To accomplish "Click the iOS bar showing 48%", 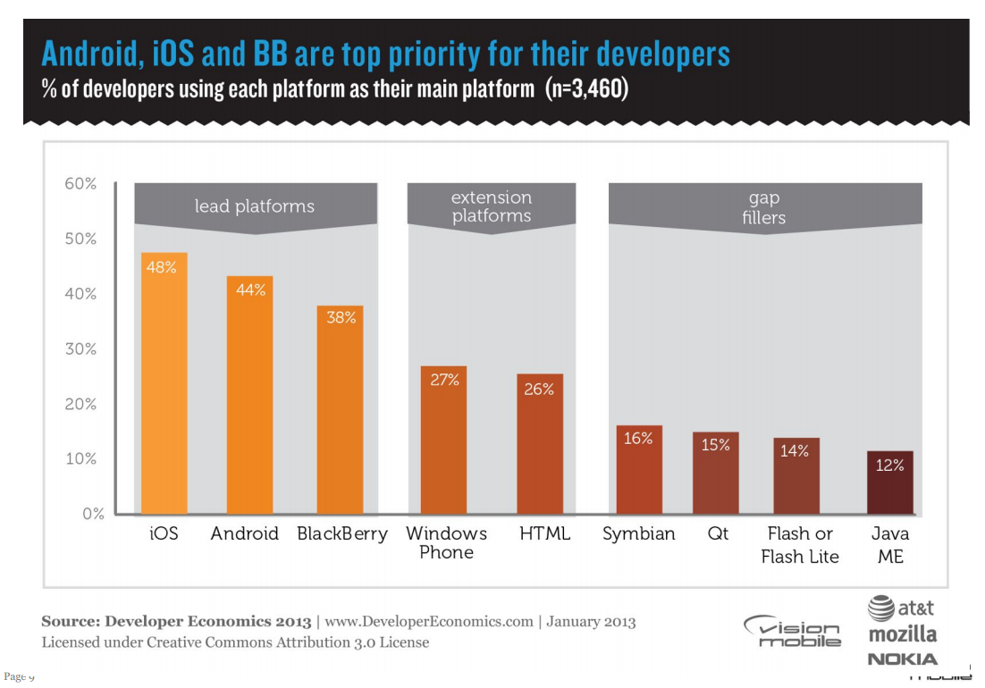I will (x=164, y=384).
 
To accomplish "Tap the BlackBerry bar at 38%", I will (x=341, y=411).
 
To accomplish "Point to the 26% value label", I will (x=539, y=389).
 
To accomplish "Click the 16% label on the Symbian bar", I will (x=638, y=439).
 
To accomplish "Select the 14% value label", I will (x=795, y=451).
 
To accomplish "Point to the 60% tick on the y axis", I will (x=80, y=183).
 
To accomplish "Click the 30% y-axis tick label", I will (x=80, y=348).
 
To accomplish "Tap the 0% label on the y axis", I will (x=93, y=514).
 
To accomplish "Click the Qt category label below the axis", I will (x=718, y=533).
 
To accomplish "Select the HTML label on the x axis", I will (x=544, y=533).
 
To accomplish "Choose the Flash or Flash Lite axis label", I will (x=800, y=545).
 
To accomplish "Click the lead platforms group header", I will (x=255, y=206).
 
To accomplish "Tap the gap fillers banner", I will (x=763, y=206).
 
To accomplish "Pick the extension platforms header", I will (x=491, y=206).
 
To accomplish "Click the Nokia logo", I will (x=903, y=659).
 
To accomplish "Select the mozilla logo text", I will (x=903, y=634).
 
